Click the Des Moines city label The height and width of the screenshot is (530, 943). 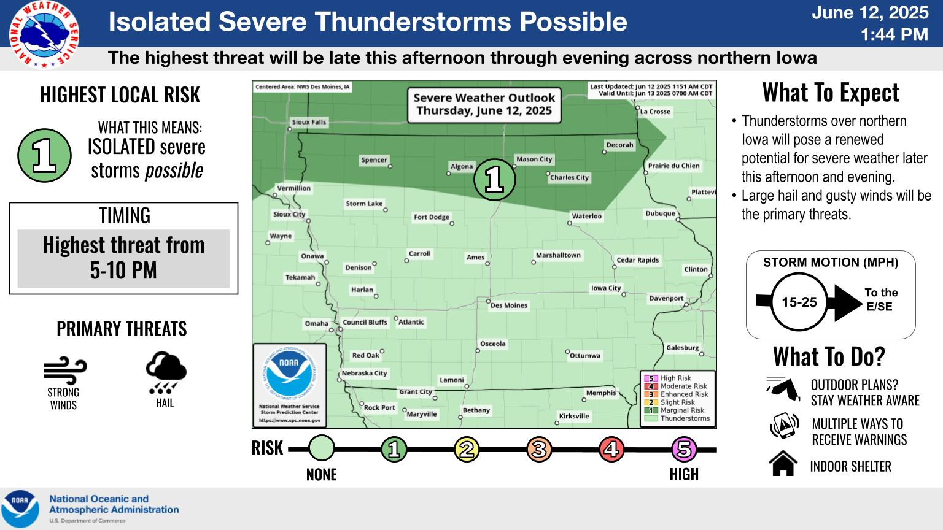tap(508, 305)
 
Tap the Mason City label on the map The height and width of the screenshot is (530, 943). tap(534, 159)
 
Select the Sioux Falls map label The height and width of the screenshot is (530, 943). tap(309, 122)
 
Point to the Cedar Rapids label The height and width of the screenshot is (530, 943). tap(637, 260)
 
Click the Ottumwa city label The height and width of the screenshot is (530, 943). tap(584, 355)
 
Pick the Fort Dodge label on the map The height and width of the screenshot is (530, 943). tap(432, 217)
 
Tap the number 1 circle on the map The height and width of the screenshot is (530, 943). tap(495, 180)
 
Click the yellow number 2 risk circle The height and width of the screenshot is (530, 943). tap(467, 449)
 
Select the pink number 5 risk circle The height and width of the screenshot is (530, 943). tap(684, 449)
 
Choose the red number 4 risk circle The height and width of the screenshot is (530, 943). tap(611, 449)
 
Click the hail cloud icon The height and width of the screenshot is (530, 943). tap(166, 373)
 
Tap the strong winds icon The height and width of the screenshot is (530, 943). tap(65, 371)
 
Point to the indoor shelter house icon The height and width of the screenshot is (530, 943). tap(783, 463)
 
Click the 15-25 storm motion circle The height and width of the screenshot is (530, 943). tap(799, 302)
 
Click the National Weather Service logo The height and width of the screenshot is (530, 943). tap(44, 34)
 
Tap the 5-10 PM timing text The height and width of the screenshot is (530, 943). tap(123, 270)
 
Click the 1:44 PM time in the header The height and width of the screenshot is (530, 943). tap(894, 34)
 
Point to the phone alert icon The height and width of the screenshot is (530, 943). tap(785, 426)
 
